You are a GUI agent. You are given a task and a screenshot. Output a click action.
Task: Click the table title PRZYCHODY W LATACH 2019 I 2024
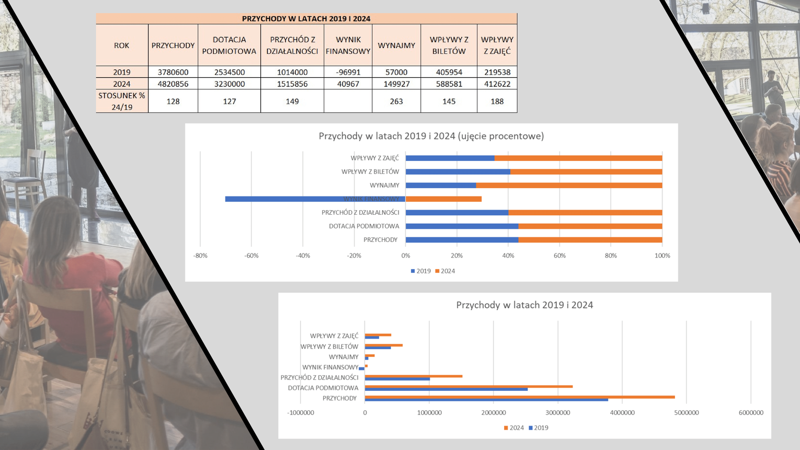click(x=306, y=19)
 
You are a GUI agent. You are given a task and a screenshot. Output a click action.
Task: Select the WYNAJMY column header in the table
click(x=396, y=45)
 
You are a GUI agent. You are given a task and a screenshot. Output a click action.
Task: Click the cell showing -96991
click(x=348, y=72)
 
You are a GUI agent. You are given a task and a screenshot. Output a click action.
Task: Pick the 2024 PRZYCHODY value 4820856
click(x=173, y=84)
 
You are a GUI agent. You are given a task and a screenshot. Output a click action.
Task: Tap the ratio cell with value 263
click(x=396, y=101)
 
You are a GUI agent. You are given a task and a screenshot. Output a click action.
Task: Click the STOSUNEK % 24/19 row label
click(x=122, y=101)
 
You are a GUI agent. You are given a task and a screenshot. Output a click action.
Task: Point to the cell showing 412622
click(x=497, y=84)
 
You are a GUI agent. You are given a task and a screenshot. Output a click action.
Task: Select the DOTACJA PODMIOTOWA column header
click(x=229, y=45)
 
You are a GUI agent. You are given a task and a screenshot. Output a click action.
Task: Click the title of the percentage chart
click(x=431, y=136)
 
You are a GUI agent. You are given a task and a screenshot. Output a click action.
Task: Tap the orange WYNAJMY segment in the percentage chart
click(x=569, y=186)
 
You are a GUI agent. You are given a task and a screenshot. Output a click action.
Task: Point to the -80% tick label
click(x=200, y=256)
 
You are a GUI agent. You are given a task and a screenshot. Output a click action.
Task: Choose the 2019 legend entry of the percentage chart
click(x=421, y=271)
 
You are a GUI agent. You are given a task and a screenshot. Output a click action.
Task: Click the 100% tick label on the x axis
click(x=662, y=256)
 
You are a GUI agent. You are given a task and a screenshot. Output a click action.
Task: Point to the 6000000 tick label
click(x=750, y=413)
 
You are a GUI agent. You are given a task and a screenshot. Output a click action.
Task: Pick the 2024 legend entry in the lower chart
click(x=513, y=428)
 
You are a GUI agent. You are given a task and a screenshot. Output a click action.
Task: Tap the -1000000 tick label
click(x=301, y=413)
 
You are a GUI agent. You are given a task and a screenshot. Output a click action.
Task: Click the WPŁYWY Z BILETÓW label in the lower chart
click(x=329, y=347)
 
